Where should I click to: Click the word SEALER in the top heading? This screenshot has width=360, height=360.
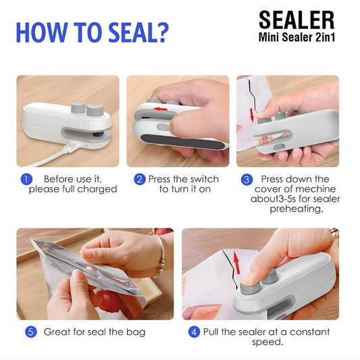296,20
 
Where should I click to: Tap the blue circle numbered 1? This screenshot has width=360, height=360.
26,179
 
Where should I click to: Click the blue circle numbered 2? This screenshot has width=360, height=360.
139,179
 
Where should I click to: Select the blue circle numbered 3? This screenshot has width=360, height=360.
247,179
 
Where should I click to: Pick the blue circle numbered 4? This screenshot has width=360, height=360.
195,332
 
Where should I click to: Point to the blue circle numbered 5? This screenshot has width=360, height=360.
30,332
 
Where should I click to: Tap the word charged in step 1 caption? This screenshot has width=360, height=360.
99,189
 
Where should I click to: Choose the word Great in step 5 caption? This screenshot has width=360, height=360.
57,332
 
